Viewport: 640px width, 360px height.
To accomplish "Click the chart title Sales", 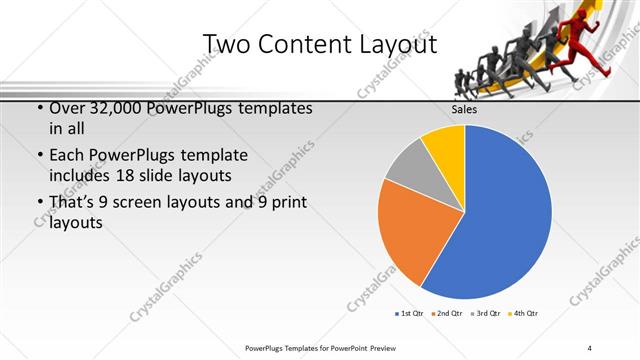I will [x=463, y=110].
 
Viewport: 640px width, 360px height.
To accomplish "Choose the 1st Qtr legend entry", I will [x=412, y=313].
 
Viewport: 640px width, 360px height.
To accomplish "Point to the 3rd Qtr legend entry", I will [x=486, y=313].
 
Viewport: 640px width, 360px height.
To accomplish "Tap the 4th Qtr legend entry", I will [x=524, y=313].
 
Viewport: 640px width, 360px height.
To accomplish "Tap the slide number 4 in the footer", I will [x=589, y=348].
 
